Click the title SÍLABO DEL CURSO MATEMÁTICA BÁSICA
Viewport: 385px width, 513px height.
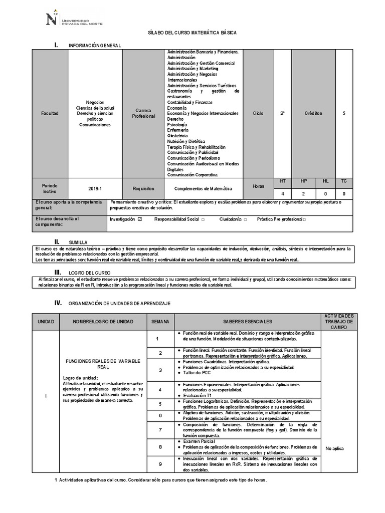(x=192, y=32)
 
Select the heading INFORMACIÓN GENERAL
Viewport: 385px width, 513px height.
(x=95, y=46)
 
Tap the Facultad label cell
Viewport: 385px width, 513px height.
(x=50, y=113)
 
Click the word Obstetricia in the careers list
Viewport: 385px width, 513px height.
(x=177, y=136)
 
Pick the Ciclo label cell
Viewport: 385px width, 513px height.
(x=258, y=113)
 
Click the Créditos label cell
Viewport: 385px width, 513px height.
(x=313, y=113)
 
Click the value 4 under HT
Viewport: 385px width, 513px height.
(x=283, y=193)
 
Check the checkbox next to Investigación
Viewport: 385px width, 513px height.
(x=140, y=219)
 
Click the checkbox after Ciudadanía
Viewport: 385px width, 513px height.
(x=245, y=219)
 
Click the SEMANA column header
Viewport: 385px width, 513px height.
(x=160, y=321)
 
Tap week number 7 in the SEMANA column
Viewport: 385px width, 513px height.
(x=160, y=430)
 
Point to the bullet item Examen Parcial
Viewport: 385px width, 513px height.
(x=199, y=441)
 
